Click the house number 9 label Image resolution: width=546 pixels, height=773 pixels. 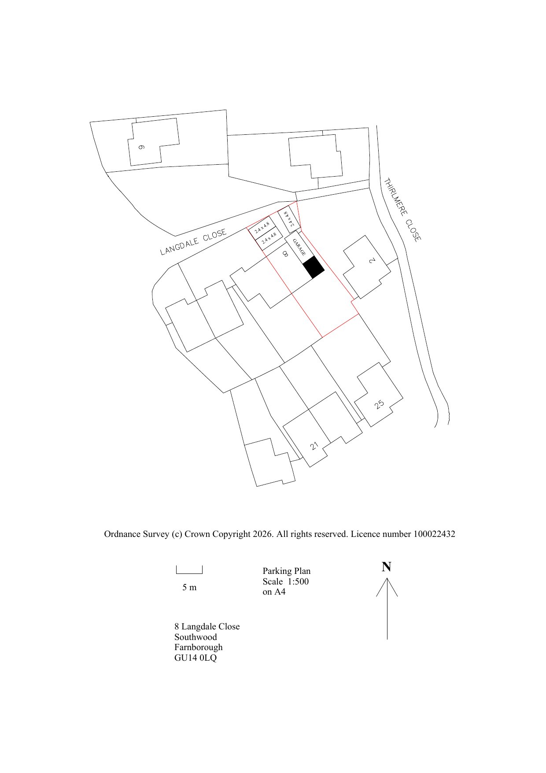coord(141,147)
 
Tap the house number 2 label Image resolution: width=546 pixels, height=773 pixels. coord(372,261)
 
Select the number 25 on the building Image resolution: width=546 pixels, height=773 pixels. coord(379,404)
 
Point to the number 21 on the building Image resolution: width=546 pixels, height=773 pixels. coord(314,446)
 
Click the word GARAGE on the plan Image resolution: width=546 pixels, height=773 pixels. coord(299,248)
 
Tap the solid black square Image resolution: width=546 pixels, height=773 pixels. coord(314,267)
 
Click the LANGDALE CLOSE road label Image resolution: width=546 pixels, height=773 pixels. coord(193,242)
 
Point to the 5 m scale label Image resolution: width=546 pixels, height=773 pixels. coord(189,588)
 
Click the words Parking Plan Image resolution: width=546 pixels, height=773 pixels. coord(287,571)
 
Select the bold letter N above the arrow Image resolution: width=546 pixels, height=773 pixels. coord(386,567)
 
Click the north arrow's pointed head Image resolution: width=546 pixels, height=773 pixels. coord(387,578)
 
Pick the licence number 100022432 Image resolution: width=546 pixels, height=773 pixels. coord(434,534)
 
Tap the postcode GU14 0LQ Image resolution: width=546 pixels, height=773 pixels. coord(196,658)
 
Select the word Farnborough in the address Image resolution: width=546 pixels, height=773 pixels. coord(199,647)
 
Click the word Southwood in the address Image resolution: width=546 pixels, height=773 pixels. coord(196,637)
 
